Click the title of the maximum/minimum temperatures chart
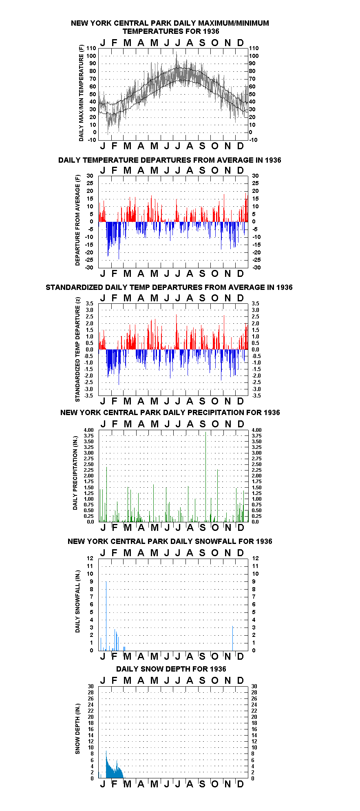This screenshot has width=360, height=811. coord(170,27)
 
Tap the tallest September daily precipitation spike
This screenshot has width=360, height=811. coord(206,477)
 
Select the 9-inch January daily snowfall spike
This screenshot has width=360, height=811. coord(106,616)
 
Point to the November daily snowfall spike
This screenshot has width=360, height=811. coord(233,639)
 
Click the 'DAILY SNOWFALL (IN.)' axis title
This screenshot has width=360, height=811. coord(77,601)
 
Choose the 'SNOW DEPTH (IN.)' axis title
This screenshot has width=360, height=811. coord(77,729)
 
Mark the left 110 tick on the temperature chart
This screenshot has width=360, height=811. coord(92,49)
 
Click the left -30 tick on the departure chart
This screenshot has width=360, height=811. coord(89,268)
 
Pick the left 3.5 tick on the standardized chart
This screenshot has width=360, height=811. coord(90,304)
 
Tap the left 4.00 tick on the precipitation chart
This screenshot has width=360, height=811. coord(89,430)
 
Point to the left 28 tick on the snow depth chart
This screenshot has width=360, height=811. coord(91,693)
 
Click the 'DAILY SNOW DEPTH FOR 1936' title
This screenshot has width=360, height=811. coord(171,669)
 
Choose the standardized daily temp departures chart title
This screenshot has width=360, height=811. coord(169,287)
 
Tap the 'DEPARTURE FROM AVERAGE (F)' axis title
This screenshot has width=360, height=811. coord(77,220)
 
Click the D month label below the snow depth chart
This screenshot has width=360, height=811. coord(241,784)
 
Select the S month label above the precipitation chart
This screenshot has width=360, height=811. coord(203,424)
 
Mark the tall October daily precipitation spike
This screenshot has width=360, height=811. coord(218,496)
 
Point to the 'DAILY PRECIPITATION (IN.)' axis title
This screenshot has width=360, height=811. coord(75,476)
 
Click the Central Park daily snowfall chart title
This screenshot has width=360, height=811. coord(170,541)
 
